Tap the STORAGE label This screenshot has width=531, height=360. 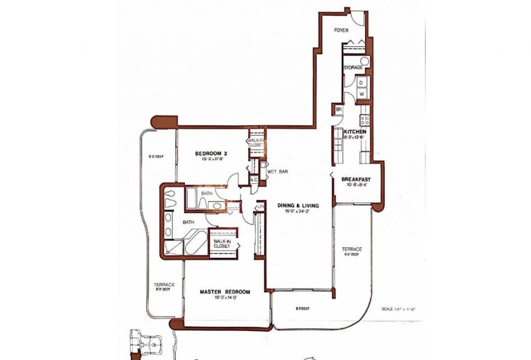coord(353,67)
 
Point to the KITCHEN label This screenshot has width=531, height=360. coord(355,132)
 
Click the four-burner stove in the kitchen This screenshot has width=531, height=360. coord(364,120)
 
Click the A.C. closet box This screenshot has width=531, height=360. coord(254,179)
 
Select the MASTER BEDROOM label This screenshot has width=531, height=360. coord(225,292)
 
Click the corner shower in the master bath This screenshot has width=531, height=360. coord(172,248)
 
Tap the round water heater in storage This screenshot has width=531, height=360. coord(365,62)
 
